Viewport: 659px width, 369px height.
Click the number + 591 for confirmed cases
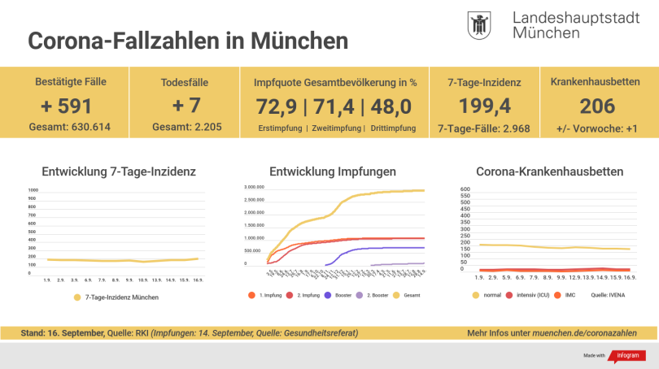(71, 106)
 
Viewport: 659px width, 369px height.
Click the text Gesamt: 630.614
(71, 128)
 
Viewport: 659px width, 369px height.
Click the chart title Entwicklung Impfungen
(333, 171)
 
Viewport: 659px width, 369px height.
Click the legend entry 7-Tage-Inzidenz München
(121, 297)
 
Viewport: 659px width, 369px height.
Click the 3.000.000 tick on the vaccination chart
(254, 187)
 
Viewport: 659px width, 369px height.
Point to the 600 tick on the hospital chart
(465, 189)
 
